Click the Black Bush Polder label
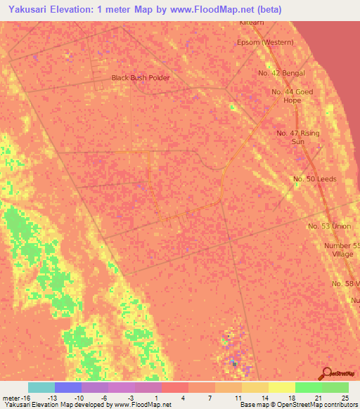coord(141,77)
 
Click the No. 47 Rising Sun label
coord(297,137)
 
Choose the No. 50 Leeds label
coord(314,179)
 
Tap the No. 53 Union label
coord(329,226)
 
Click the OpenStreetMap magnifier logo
coord(326,373)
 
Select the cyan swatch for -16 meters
coord(41,387)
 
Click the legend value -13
coord(52,398)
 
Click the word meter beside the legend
coord(13,398)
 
